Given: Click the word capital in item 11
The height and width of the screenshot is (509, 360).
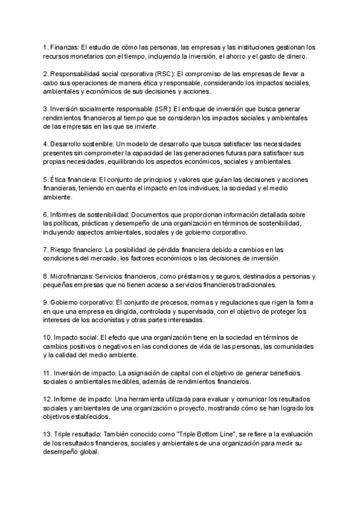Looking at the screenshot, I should [172, 373].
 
